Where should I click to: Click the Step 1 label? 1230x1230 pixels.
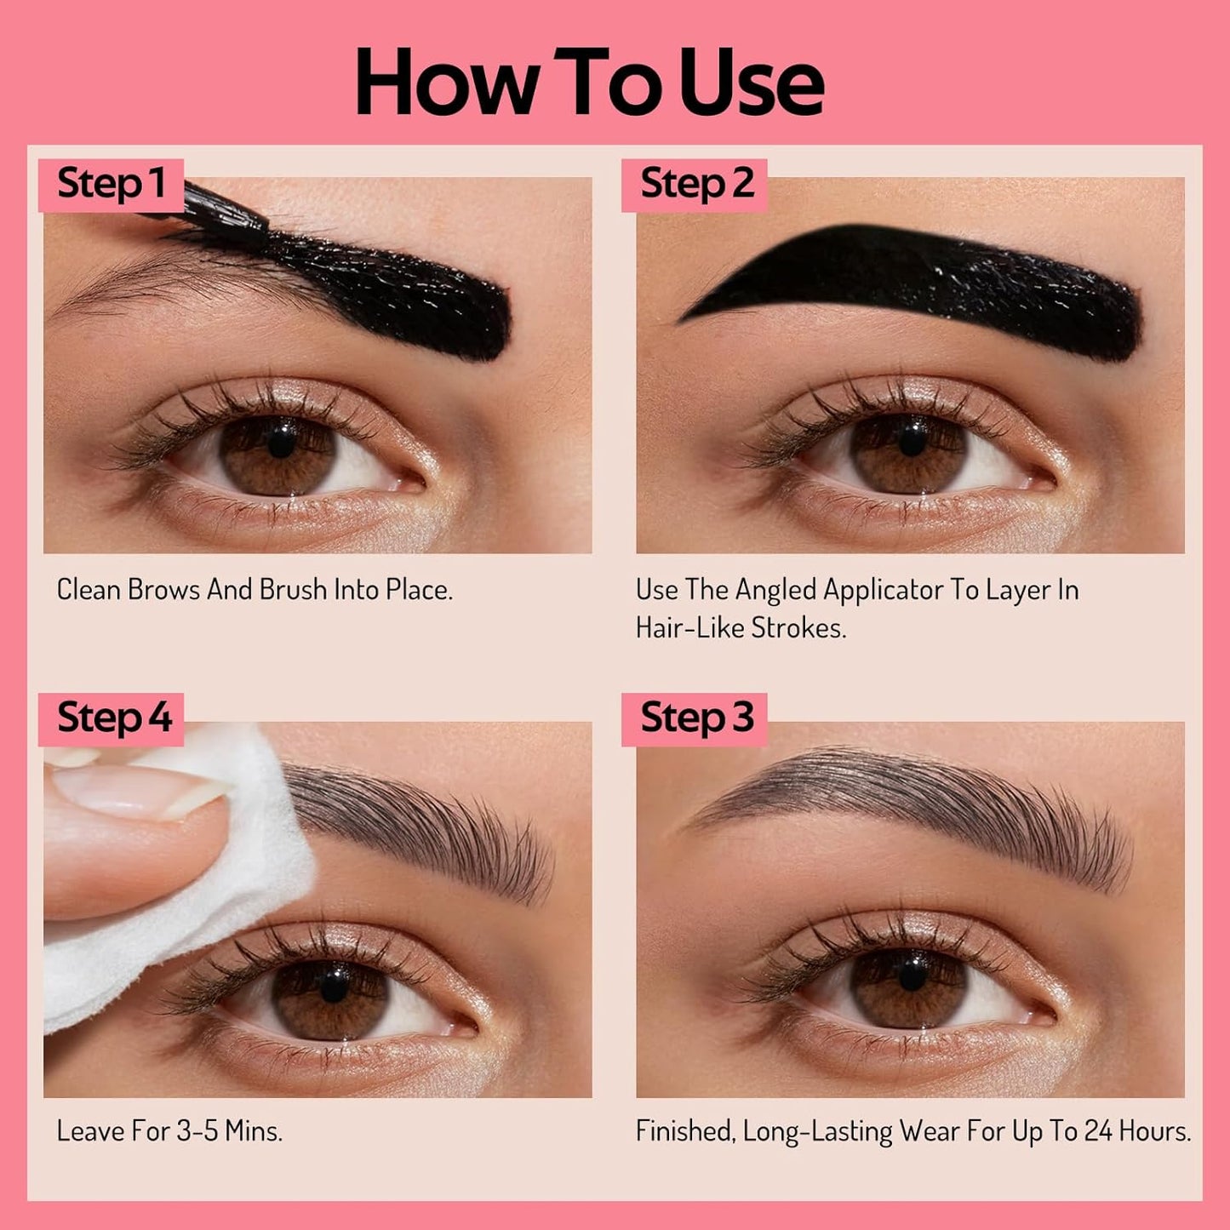pyautogui.click(x=111, y=184)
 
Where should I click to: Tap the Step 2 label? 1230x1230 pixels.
pyautogui.click(x=696, y=184)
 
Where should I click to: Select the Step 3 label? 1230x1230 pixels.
pyautogui.click(x=696, y=718)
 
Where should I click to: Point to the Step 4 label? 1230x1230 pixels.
pyautogui.click(x=114, y=718)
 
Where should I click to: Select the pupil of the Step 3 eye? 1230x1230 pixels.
pyautogui.click(x=912, y=977)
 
